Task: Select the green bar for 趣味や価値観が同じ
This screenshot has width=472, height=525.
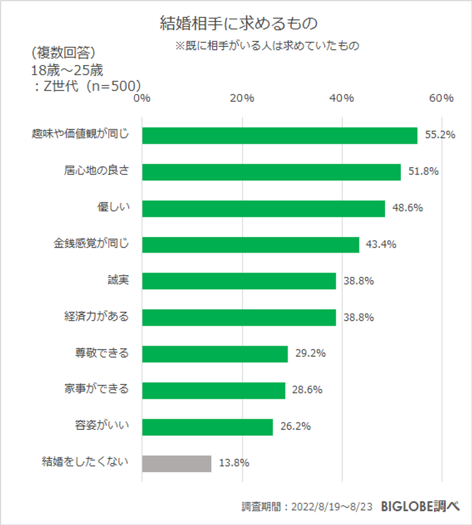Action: (x=279, y=136)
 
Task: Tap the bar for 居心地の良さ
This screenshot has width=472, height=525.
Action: (x=271, y=172)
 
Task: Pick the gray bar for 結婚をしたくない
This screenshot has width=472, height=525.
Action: (x=177, y=463)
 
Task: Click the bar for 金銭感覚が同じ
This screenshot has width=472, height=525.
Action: (x=251, y=244)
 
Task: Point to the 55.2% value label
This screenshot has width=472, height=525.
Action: (x=439, y=135)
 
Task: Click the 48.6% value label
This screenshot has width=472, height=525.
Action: (x=408, y=208)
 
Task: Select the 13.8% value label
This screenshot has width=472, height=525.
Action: (x=234, y=463)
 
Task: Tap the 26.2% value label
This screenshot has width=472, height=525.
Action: (x=296, y=427)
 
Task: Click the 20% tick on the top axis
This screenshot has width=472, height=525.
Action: (x=242, y=98)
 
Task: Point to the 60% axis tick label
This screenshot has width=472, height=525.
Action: (x=441, y=98)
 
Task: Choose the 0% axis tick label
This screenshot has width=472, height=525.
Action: (x=143, y=98)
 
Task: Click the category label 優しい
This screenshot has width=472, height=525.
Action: (x=113, y=206)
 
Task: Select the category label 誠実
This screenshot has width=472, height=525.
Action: (x=118, y=279)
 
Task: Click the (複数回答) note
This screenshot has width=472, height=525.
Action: (x=63, y=51)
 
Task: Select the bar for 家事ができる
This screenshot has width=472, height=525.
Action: (x=214, y=391)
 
